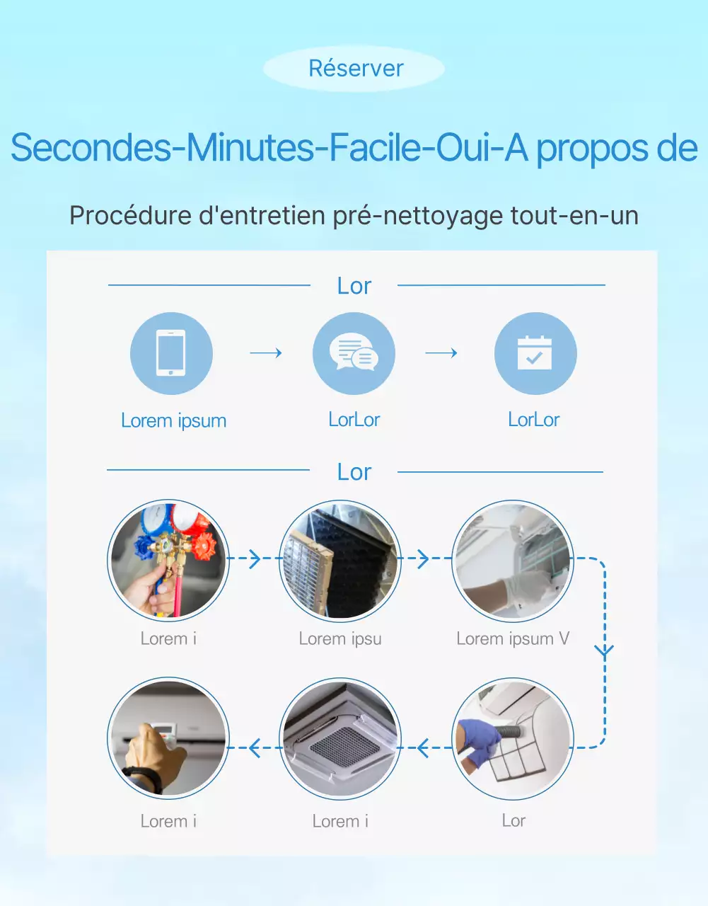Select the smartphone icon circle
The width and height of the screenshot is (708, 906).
(x=171, y=353)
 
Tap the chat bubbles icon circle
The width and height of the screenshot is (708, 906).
(x=354, y=353)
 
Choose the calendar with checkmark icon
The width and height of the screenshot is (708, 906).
(x=535, y=353)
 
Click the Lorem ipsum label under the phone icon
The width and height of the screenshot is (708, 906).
(x=173, y=420)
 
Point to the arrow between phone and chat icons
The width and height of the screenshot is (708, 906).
(x=266, y=352)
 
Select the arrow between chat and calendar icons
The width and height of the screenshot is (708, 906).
(x=441, y=352)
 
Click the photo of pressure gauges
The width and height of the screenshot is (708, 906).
(x=168, y=560)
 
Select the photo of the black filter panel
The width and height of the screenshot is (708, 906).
(x=341, y=560)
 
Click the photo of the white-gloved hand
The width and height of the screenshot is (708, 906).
(x=513, y=560)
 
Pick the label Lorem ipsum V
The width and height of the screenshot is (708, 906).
(x=513, y=638)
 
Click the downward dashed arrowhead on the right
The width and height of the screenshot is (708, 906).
(x=604, y=650)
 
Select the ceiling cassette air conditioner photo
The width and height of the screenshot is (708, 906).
(x=341, y=740)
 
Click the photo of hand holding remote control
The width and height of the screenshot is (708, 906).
(x=168, y=740)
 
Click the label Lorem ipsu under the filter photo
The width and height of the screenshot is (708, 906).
(x=340, y=638)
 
